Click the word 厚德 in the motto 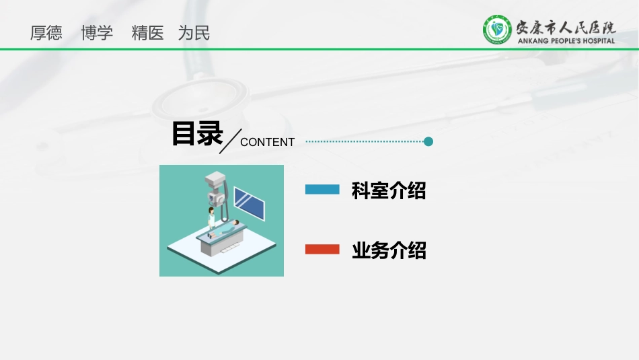pyautogui.click(x=46, y=33)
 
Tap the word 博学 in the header pyautogui.click(x=97, y=33)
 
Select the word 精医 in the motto pyautogui.click(x=148, y=33)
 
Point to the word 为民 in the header pyautogui.click(x=194, y=33)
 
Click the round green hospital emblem pyautogui.click(x=497, y=30)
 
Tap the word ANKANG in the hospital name pyautogui.click(x=531, y=41)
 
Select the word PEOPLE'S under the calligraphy pyautogui.click(x=560, y=41)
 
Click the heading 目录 pyautogui.click(x=196, y=133)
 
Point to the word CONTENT pyautogui.click(x=267, y=142)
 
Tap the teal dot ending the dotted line pyautogui.click(x=428, y=141)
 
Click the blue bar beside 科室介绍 pyautogui.click(x=322, y=190)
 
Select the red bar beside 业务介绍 pyautogui.click(x=322, y=250)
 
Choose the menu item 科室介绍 pyautogui.click(x=389, y=190)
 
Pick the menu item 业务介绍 pyautogui.click(x=389, y=250)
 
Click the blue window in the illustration pyautogui.click(x=248, y=203)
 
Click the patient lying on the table pyautogui.click(x=229, y=228)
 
